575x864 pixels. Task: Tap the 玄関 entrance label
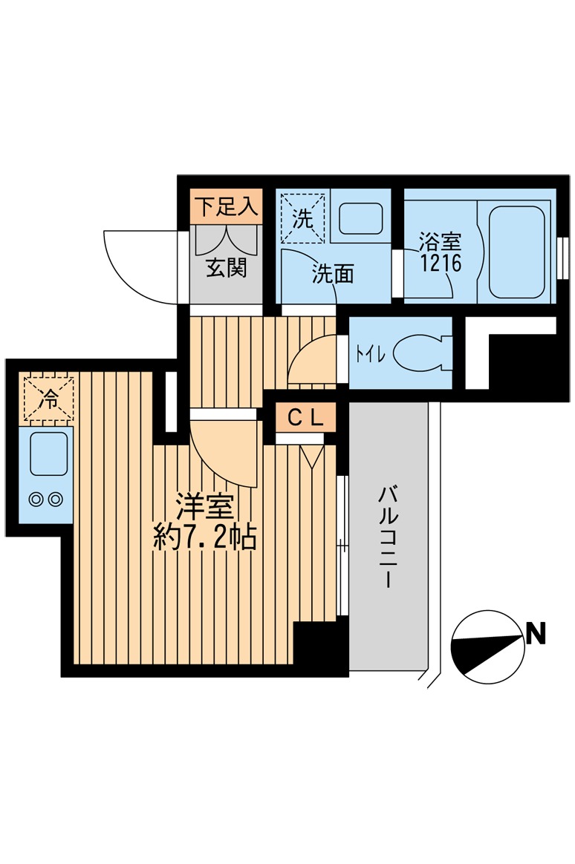226,268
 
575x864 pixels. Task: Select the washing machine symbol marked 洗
302,218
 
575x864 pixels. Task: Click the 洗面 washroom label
332,274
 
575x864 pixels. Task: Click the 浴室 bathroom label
440,241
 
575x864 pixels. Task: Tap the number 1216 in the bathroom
440,262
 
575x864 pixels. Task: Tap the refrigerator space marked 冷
47,399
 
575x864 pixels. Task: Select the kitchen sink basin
48,454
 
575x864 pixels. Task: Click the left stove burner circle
36,500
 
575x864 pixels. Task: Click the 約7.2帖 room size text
204,537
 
